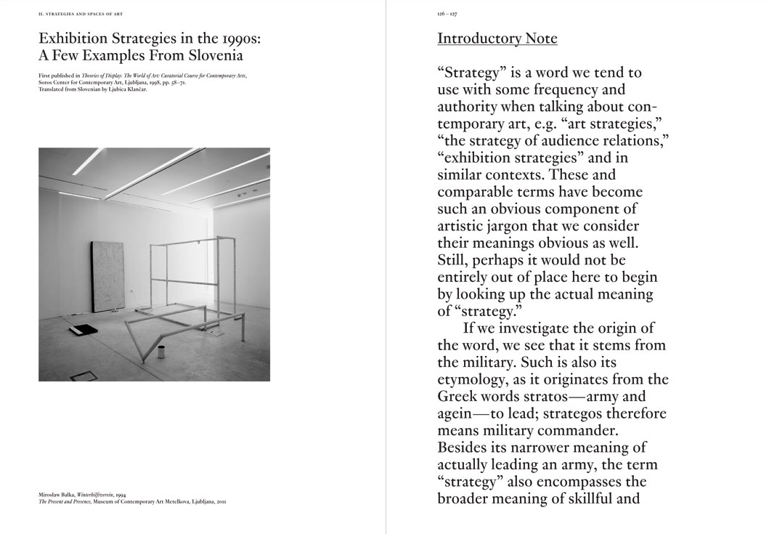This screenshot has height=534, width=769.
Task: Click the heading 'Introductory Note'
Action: click(497, 39)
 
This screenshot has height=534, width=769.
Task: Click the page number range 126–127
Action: click(447, 14)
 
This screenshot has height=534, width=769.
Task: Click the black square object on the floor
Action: click(84, 329)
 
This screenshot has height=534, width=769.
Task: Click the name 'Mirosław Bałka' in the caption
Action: click(55, 495)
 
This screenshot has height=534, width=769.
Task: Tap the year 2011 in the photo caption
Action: click(221, 501)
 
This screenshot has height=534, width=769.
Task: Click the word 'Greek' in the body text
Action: click(457, 397)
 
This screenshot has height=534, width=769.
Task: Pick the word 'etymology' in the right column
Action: click(473, 379)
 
